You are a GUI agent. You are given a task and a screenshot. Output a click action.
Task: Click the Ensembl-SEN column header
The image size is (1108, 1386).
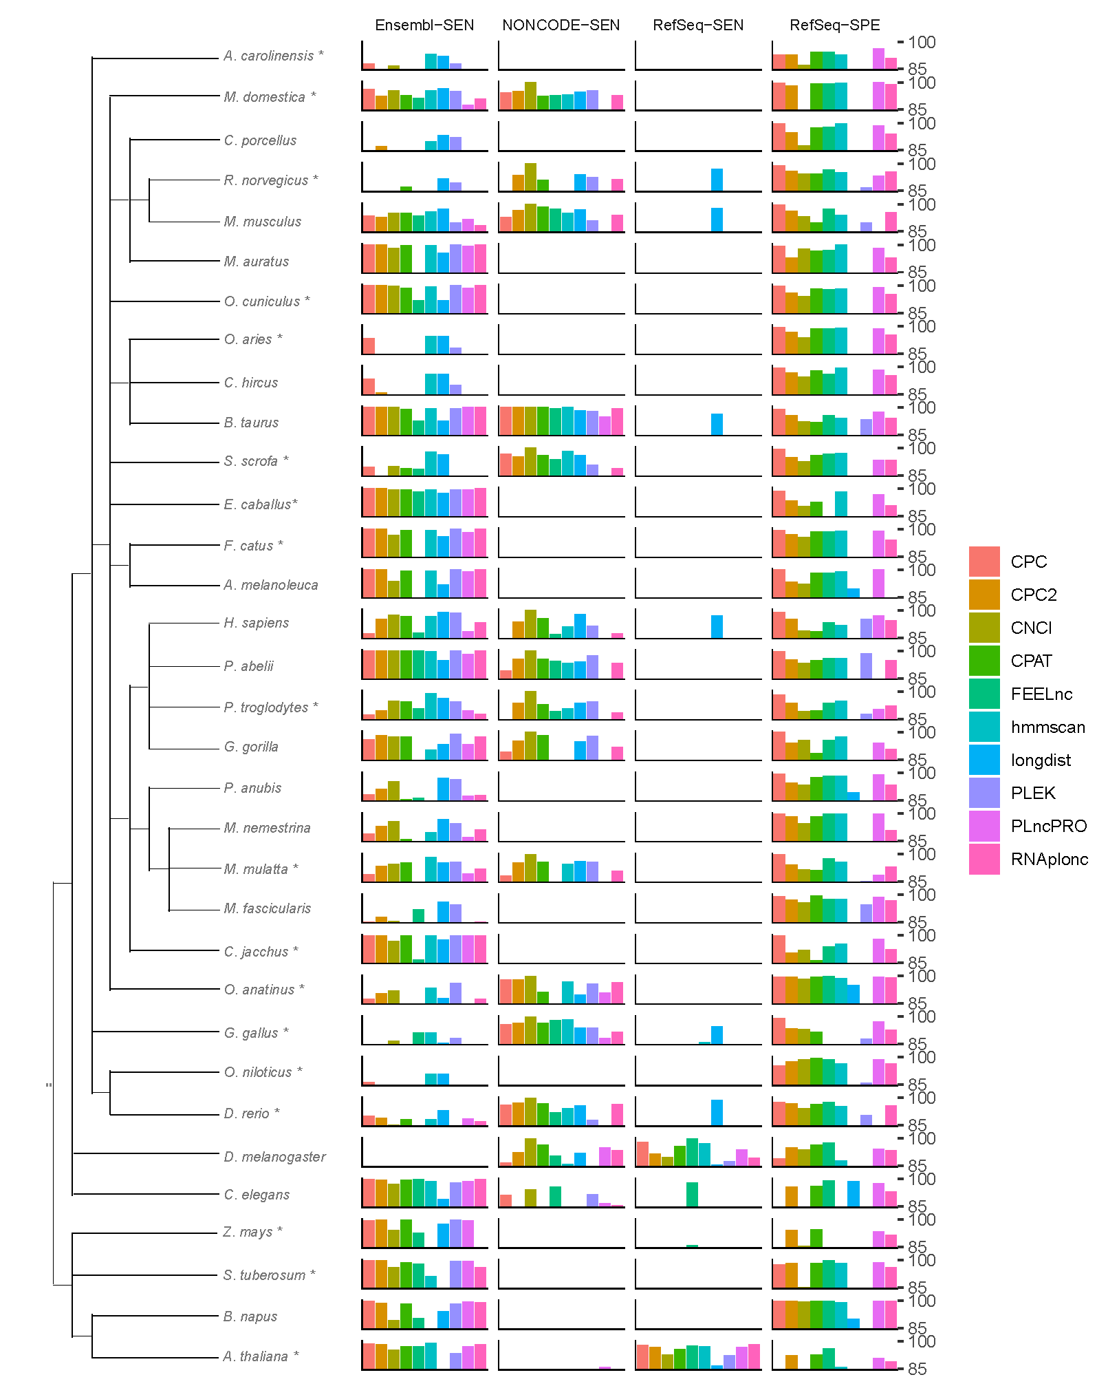(424, 25)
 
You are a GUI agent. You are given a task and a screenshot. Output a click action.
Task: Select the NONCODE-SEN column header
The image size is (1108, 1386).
(561, 25)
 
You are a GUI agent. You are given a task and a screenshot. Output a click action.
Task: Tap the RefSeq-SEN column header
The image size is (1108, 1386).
(698, 25)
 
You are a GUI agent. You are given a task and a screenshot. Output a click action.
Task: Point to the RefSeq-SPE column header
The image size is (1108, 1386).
(834, 25)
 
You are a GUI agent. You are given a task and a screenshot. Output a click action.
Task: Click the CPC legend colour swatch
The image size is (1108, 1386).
(984, 562)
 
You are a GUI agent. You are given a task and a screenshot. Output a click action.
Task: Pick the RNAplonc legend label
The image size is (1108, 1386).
(1049, 859)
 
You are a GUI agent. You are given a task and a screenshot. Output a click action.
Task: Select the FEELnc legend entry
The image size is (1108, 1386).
(1041, 694)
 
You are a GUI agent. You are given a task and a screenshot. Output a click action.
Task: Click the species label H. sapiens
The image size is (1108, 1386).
(256, 623)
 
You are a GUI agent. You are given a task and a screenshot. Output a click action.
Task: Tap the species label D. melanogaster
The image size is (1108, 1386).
(274, 1157)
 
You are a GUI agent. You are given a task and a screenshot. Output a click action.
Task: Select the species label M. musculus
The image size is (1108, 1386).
(262, 222)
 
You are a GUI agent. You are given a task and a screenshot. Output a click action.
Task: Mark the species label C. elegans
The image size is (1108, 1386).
(257, 1195)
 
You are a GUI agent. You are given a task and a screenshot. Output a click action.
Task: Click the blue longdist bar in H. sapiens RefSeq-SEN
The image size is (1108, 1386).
(717, 627)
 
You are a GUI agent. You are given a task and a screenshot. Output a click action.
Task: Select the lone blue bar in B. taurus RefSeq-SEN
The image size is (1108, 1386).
(717, 424)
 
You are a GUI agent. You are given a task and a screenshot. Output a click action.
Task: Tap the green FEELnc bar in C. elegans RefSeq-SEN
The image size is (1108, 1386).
(692, 1194)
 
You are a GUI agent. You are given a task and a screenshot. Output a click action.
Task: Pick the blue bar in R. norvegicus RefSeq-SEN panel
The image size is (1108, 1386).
(717, 180)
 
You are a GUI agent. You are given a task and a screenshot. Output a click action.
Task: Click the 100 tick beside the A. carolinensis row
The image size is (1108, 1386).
(921, 43)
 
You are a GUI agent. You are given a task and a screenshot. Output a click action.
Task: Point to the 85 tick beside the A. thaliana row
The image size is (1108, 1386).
(917, 1369)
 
